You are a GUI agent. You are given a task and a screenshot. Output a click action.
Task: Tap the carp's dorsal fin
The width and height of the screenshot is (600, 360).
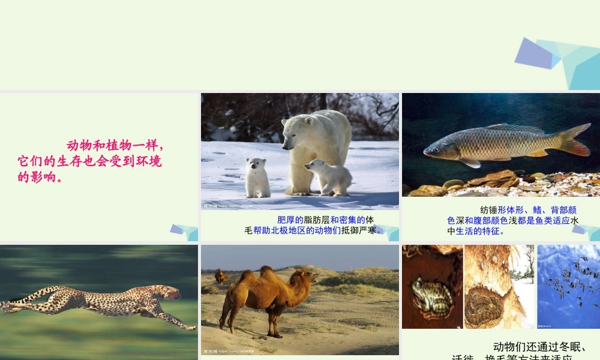pyautogui.click(x=515, y=128)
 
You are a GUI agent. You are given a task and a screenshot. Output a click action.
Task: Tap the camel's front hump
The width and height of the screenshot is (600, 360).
pyautogui.click(x=248, y=277)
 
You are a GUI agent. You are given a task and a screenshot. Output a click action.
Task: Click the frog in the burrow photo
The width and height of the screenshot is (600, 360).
pyautogui.click(x=431, y=296)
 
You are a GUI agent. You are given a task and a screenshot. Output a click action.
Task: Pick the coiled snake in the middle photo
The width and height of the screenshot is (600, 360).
pyautogui.click(x=484, y=306)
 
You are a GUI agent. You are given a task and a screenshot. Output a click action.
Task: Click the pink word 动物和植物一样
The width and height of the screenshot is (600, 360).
pyautogui.click(x=115, y=146)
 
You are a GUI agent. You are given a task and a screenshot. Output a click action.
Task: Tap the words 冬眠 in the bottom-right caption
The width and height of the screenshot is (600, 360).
pyautogui.click(x=571, y=347)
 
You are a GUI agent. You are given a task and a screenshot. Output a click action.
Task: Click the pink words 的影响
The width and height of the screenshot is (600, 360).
pyautogui.click(x=40, y=177)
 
